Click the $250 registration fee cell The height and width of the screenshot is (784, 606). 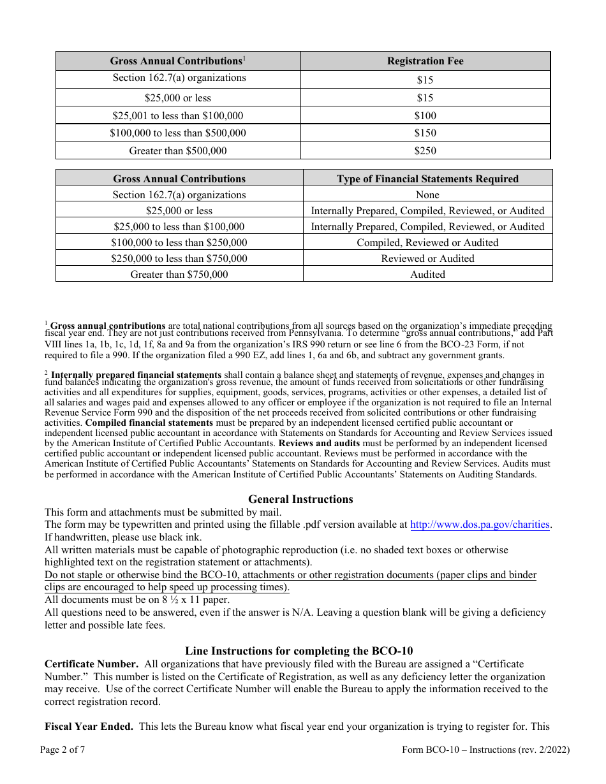coord(425,151)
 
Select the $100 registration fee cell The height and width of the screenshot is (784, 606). coord(425,115)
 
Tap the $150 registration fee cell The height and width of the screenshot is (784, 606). coord(425,133)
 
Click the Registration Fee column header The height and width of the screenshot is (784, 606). coord(425,61)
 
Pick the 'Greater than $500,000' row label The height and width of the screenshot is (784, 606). coord(178,151)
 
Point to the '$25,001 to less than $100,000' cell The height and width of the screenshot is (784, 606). coord(178,115)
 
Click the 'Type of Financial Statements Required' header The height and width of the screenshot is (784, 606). coord(427,179)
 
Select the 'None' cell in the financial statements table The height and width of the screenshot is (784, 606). coord(427,195)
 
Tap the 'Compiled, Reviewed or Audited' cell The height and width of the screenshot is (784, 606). coord(427,243)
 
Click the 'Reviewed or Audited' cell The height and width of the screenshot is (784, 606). coord(427,259)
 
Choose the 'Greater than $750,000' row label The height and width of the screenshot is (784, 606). coord(179,275)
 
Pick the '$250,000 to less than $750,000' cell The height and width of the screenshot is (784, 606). coord(179,259)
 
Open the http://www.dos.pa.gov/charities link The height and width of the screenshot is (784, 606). coord(480,525)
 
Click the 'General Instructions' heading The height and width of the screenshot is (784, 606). coord(300,499)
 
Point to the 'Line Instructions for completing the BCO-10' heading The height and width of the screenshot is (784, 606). coord(299,651)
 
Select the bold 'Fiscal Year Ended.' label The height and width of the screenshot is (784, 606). coord(89,726)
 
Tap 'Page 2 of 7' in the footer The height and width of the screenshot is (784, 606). coord(63,750)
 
